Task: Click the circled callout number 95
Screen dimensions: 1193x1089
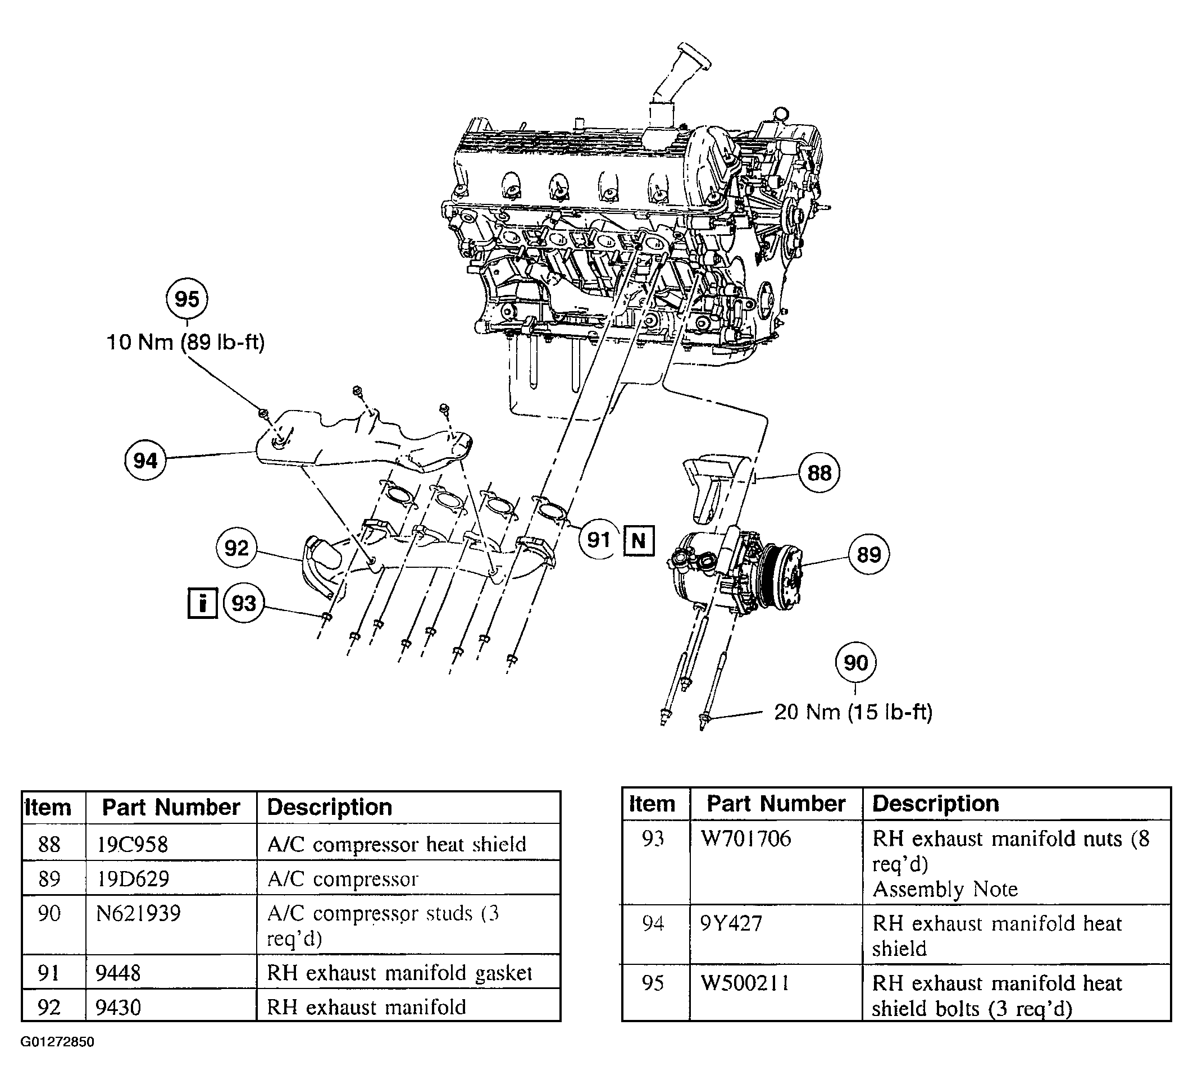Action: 187,299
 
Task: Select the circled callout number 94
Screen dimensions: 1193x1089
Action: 145,460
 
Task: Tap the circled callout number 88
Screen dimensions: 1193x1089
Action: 819,473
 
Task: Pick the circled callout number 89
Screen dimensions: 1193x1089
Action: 869,554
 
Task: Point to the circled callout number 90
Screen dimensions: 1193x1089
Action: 855,663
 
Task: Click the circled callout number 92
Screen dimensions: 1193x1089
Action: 236,548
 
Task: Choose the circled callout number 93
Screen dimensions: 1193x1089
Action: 244,603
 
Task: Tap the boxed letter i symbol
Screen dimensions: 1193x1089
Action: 202,603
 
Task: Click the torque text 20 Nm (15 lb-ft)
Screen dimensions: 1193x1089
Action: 853,712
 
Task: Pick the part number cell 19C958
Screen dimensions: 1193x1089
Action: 133,844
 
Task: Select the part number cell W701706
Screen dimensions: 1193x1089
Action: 746,838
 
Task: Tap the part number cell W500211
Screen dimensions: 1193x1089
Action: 745,983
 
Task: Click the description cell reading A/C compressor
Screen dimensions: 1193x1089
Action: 343,879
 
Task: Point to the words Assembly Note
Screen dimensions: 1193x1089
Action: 945,889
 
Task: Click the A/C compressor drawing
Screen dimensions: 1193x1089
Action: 736,571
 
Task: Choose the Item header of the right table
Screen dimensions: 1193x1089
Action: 652,803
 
